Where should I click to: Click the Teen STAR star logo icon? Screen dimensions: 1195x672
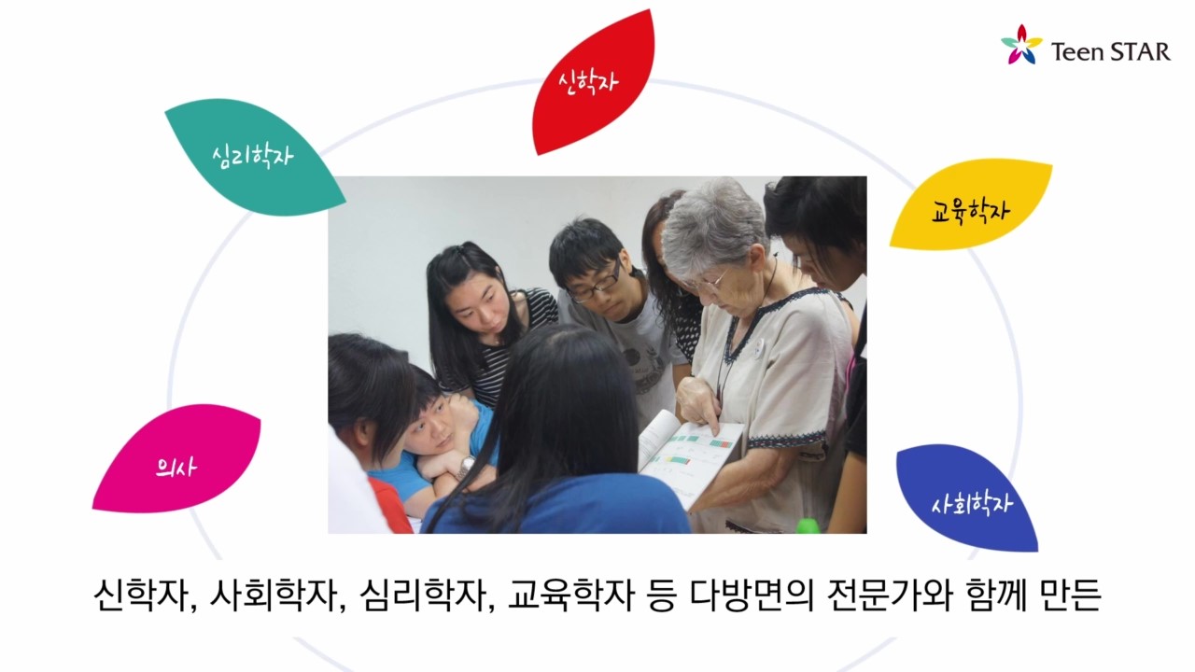tap(1021, 44)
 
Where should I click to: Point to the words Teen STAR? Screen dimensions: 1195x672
tap(1111, 51)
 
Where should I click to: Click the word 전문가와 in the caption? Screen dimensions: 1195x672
tap(890, 595)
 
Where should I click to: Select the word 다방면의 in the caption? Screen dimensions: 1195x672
tap(752, 595)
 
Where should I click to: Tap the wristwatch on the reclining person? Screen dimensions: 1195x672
tap(467, 467)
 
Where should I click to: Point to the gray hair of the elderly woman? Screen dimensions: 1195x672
tap(715, 224)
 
